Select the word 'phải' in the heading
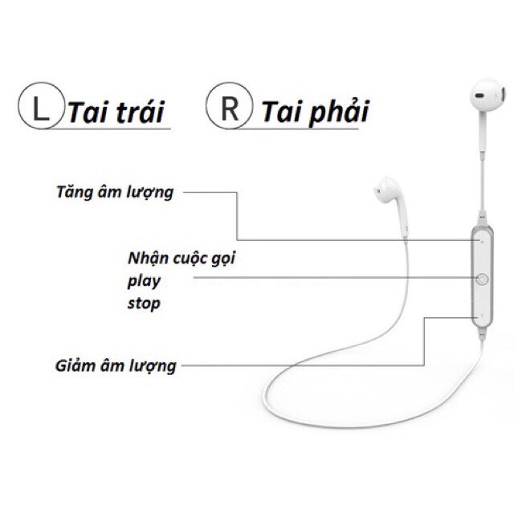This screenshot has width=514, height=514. click(x=336, y=112)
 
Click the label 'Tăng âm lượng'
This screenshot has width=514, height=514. click(x=115, y=192)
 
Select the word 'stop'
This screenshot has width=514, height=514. click(x=144, y=303)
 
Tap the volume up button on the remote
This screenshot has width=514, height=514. click(x=482, y=239)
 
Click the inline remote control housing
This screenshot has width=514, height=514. click(x=482, y=277)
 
